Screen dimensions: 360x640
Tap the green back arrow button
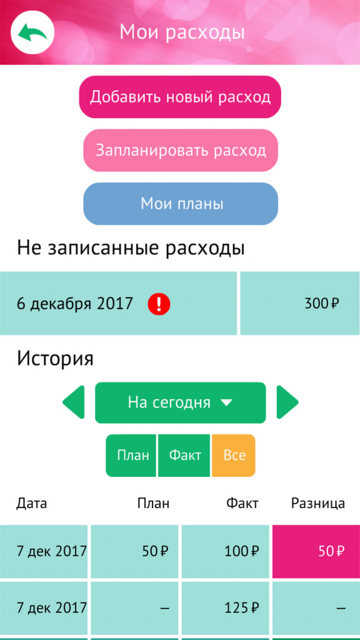click(x=32, y=32)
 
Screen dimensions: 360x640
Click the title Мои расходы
click(x=182, y=32)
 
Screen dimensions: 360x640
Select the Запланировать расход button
click(x=181, y=150)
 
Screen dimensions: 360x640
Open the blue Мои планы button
click(x=181, y=203)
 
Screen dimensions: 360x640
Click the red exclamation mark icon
click(x=159, y=304)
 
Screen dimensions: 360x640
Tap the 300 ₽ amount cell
click(x=300, y=304)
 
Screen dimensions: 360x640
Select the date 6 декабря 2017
click(x=75, y=304)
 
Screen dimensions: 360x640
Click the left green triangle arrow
click(x=74, y=402)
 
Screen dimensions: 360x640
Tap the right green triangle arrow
click(x=287, y=402)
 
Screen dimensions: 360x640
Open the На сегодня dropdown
click(x=181, y=402)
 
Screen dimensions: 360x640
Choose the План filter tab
click(x=131, y=455)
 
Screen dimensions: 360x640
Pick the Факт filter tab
click(x=184, y=455)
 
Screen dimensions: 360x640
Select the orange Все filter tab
click(x=234, y=455)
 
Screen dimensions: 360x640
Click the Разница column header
click(x=318, y=504)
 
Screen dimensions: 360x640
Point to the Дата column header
click(x=31, y=504)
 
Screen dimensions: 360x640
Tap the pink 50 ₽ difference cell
click(x=316, y=551)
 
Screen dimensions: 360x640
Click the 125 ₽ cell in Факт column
click(x=225, y=608)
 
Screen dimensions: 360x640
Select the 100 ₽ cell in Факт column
click(x=225, y=551)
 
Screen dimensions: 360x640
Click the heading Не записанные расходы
click(x=131, y=249)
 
